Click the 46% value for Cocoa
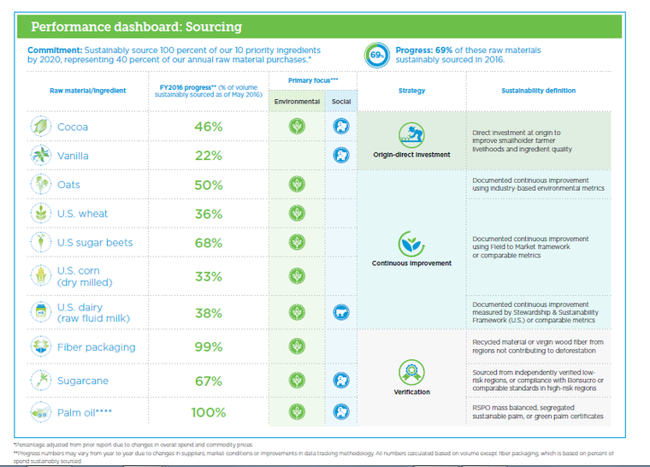click(x=208, y=127)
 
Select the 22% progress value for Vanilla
click(x=208, y=156)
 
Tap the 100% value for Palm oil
click(x=208, y=412)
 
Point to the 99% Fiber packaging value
click(x=208, y=348)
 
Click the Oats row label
click(x=69, y=185)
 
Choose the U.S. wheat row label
click(x=82, y=214)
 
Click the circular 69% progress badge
click(x=377, y=56)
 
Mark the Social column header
click(x=340, y=102)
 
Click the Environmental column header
click(x=297, y=102)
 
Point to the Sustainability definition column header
click(x=538, y=91)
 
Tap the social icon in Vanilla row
click(x=340, y=156)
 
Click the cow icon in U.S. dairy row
click(x=340, y=313)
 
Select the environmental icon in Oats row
click(x=297, y=185)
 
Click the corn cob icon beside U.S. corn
click(x=39, y=276)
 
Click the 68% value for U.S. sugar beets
click(x=208, y=243)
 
